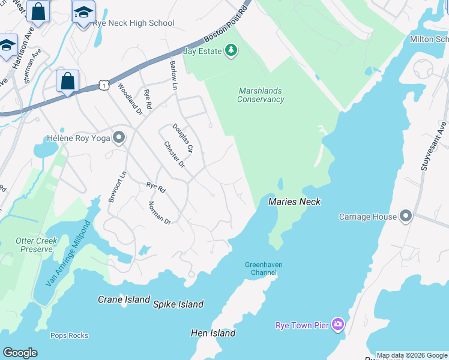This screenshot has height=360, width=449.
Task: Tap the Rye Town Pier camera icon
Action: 338,325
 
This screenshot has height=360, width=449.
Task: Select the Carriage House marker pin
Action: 406,217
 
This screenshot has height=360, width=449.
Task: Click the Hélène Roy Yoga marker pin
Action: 119,138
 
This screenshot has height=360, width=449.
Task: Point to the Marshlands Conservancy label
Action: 260,95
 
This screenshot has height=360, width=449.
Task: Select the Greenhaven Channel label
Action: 264,268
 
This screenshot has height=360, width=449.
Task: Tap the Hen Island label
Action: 213,332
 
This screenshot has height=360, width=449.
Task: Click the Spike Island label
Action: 178,304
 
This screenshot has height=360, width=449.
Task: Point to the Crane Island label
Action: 124,299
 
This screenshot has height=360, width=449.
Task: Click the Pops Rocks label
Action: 69,335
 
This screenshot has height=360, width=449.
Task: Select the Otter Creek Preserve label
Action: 37,244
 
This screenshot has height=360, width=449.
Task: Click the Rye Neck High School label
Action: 133,23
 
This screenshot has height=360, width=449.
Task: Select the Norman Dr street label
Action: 160,213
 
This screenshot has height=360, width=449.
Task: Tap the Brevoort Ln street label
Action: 117,187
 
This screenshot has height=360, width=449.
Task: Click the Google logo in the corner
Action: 20,353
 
